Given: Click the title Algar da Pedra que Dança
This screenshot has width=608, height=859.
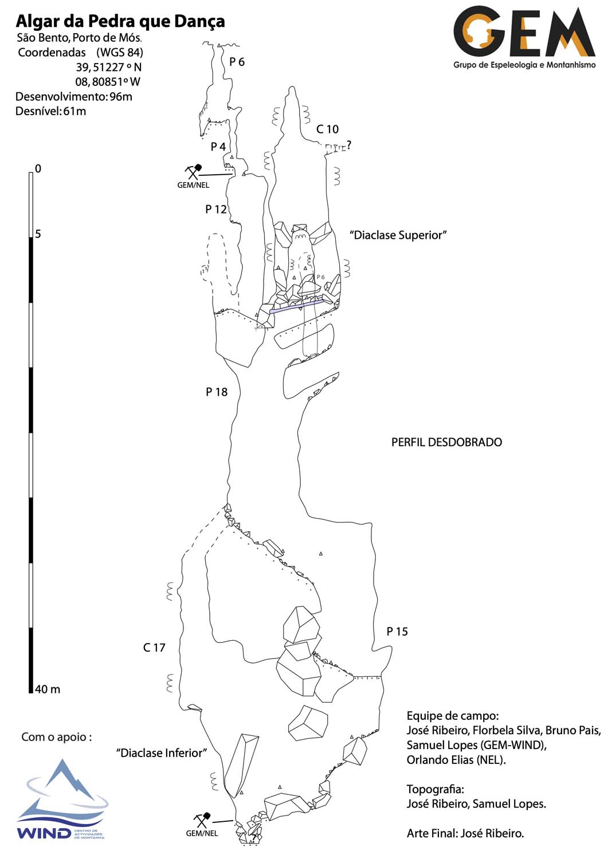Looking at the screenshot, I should pyautogui.click(x=120, y=21).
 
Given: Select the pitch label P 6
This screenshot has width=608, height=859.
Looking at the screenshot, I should pyautogui.click(x=237, y=62).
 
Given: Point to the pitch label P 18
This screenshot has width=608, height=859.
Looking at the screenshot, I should pyautogui.click(x=217, y=392).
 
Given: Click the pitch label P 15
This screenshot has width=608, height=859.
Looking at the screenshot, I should pyautogui.click(x=397, y=631).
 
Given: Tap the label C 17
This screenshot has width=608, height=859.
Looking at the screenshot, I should pyautogui.click(x=154, y=647).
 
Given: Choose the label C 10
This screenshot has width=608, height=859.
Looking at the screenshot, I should pyautogui.click(x=327, y=129).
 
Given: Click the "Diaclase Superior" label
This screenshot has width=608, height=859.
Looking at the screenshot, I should pyautogui.click(x=398, y=235).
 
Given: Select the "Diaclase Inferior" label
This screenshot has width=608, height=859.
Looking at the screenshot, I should pyautogui.click(x=161, y=752).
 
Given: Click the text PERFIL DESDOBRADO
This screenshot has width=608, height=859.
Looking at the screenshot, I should pyautogui.click(x=446, y=442).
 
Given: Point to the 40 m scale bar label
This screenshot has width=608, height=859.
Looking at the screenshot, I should pyautogui.click(x=47, y=689).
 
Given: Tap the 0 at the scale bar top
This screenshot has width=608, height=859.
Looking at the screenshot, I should pyautogui.click(x=38, y=168).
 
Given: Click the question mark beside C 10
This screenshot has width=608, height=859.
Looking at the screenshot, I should pyautogui.click(x=348, y=145).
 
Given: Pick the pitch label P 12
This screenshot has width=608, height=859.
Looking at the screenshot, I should pyautogui.click(x=216, y=209).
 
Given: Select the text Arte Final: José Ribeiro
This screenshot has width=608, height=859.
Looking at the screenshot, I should pyautogui.click(x=465, y=833).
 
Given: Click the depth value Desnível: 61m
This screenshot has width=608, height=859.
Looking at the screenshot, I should pyautogui.click(x=50, y=111).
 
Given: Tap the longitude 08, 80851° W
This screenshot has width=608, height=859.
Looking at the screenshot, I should pyautogui.click(x=108, y=81).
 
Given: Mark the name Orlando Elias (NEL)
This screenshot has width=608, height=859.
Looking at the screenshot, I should pyautogui.click(x=456, y=760).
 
